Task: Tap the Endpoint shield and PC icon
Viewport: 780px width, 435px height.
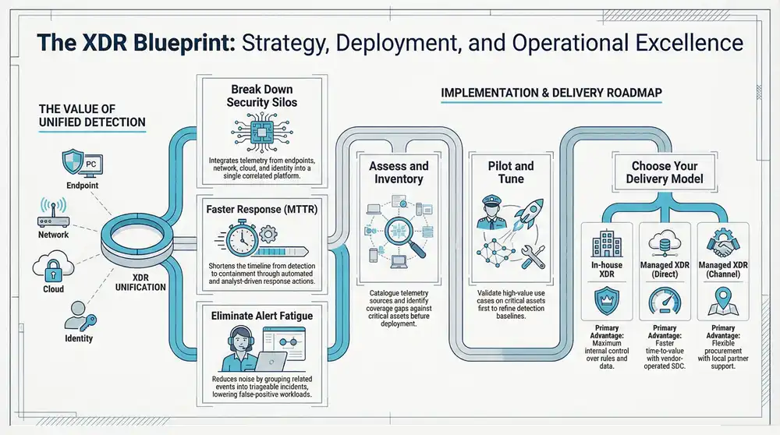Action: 80,164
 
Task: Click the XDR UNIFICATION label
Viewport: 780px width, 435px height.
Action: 141,281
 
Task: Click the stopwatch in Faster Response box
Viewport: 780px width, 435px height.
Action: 239,234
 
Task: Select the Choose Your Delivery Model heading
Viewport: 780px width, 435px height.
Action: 665,172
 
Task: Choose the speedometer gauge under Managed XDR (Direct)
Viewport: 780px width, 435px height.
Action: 665,300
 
